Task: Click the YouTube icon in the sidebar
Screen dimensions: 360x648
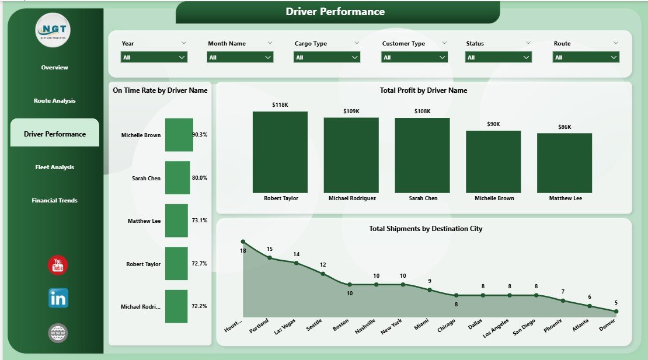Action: [58, 265]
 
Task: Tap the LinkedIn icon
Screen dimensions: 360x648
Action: [58, 298]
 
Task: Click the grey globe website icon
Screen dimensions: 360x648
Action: [58, 333]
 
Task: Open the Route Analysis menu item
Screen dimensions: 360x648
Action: [55, 101]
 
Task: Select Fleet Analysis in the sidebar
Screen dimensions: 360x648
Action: [55, 167]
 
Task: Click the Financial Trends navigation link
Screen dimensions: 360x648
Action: [55, 201]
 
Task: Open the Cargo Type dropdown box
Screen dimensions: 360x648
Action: [327, 57]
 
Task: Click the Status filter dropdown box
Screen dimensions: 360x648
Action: [499, 57]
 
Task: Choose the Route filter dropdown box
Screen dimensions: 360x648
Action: [586, 57]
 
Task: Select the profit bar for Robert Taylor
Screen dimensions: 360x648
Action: [280, 152]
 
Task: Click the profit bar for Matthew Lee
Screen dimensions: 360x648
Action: [565, 163]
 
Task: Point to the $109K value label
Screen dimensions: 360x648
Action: [351, 111]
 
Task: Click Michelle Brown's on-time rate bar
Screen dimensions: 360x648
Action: [179, 135]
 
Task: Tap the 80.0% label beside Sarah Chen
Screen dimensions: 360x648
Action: [200, 178]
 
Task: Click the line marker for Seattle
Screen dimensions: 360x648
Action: [323, 273]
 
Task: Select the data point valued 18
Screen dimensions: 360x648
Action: [243, 242]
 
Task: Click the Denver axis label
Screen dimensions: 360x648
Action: [609, 327]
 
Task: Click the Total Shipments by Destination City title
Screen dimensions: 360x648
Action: [426, 229]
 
